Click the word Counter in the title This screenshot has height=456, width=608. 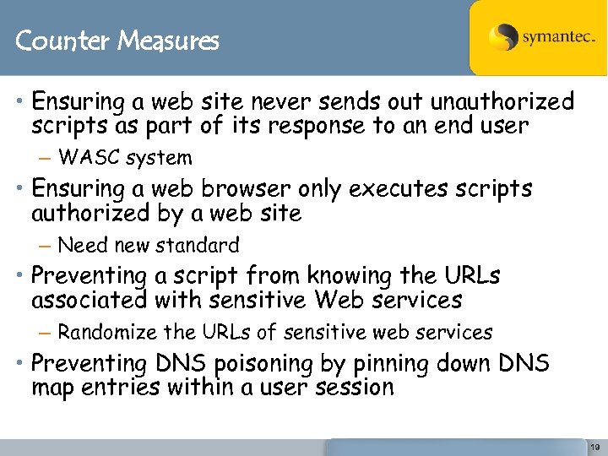point(52,40)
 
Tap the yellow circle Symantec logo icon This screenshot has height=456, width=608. point(503,37)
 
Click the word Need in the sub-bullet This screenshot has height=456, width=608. point(82,246)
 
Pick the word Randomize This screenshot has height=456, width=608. point(108,333)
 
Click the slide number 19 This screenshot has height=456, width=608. point(595,448)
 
